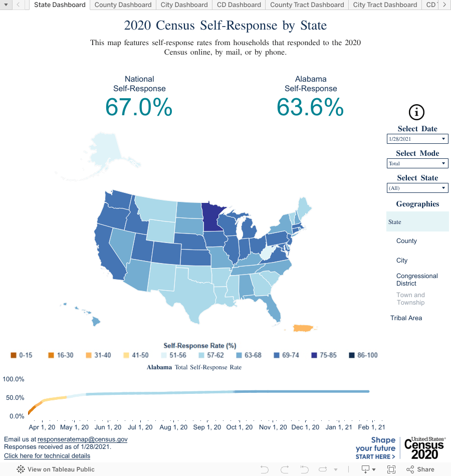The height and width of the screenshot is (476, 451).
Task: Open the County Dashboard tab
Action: [x=123, y=5]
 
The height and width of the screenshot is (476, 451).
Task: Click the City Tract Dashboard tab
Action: [x=385, y=5]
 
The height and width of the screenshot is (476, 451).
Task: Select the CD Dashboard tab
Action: [x=239, y=5]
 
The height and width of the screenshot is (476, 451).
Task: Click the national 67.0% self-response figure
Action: [x=139, y=107]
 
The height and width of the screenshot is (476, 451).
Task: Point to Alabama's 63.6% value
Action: [x=310, y=107]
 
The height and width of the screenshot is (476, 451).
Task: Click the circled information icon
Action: [x=417, y=112]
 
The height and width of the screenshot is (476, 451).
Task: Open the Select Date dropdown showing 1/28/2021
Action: [x=417, y=139]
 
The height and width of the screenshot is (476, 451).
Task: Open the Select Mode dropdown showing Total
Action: [x=417, y=163]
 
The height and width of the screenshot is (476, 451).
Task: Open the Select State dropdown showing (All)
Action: [x=417, y=188]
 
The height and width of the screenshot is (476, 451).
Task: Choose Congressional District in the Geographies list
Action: [x=417, y=280]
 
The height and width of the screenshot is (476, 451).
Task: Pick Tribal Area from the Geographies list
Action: [x=406, y=318]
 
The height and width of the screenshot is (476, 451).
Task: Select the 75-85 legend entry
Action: [x=324, y=355]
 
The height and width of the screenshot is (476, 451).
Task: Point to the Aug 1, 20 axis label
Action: [x=173, y=427]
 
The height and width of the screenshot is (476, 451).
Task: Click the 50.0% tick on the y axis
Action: [x=14, y=398]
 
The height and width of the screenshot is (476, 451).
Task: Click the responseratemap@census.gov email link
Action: [x=82, y=439]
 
